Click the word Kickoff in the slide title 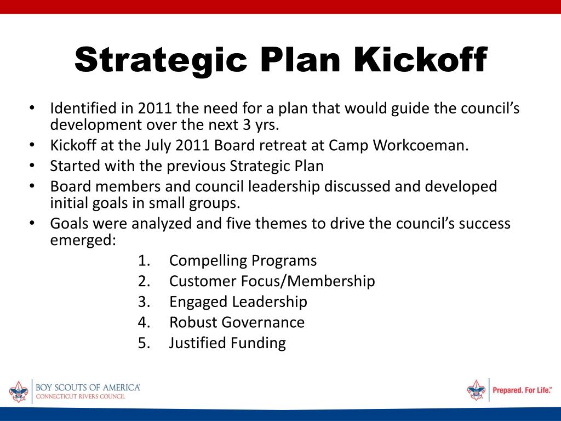(x=420, y=60)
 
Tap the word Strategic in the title (x=161, y=60)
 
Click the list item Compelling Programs (x=243, y=260)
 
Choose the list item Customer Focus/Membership (x=272, y=281)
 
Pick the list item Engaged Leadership (x=238, y=301)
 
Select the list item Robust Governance (x=237, y=322)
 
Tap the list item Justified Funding (x=227, y=343)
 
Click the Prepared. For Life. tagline (x=522, y=390)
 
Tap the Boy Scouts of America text (x=88, y=387)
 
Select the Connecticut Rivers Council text (x=80, y=396)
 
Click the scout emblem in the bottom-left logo (x=18, y=391)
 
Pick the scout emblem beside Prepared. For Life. (x=476, y=390)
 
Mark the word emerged (x=82, y=241)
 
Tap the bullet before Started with (x=32, y=166)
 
